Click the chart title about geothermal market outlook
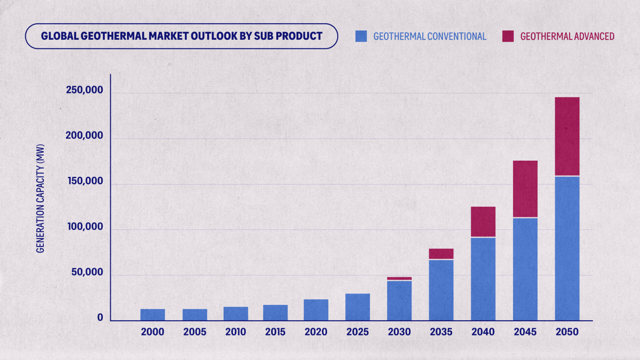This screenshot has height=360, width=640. pyautogui.click(x=182, y=36)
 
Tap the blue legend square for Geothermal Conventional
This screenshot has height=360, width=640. pyautogui.click(x=361, y=36)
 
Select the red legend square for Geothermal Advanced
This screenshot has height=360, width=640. pyautogui.click(x=508, y=36)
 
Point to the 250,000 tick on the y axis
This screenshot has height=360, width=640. pyautogui.click(x=84, y=91)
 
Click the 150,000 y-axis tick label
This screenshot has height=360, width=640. pyautogui.click(x=84, y=181)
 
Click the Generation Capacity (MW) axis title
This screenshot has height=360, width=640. pyautogui.click(x=41, y=198)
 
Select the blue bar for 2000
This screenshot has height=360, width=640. pyautogui.click(x=152, y=314)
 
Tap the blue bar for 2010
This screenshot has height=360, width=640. pyautogui.click(x=236, y=313)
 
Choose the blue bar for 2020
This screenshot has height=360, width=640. pyautogui.click(x=316, y=309)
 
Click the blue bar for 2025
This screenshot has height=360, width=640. pyautogui.click(x=358, y=307)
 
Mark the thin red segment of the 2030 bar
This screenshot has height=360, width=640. pyautogui.click(x=399, y=278)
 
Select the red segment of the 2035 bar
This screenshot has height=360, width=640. pyautogui.click(x=441, y=253)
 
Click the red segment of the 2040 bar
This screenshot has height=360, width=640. pyautogui.click(x=483, y=222)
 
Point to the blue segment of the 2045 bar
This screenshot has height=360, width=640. pyautogui.click(x=525, y=269)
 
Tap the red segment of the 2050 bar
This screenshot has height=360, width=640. pyautogui.click(x=567, y=136)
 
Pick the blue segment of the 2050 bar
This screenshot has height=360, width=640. pyautogui.click(x=567, y=248)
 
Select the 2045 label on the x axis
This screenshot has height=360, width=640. pyautogui.click(x=525, y=332)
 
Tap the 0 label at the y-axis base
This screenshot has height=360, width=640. pyautogui.click(x=100, y=318)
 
